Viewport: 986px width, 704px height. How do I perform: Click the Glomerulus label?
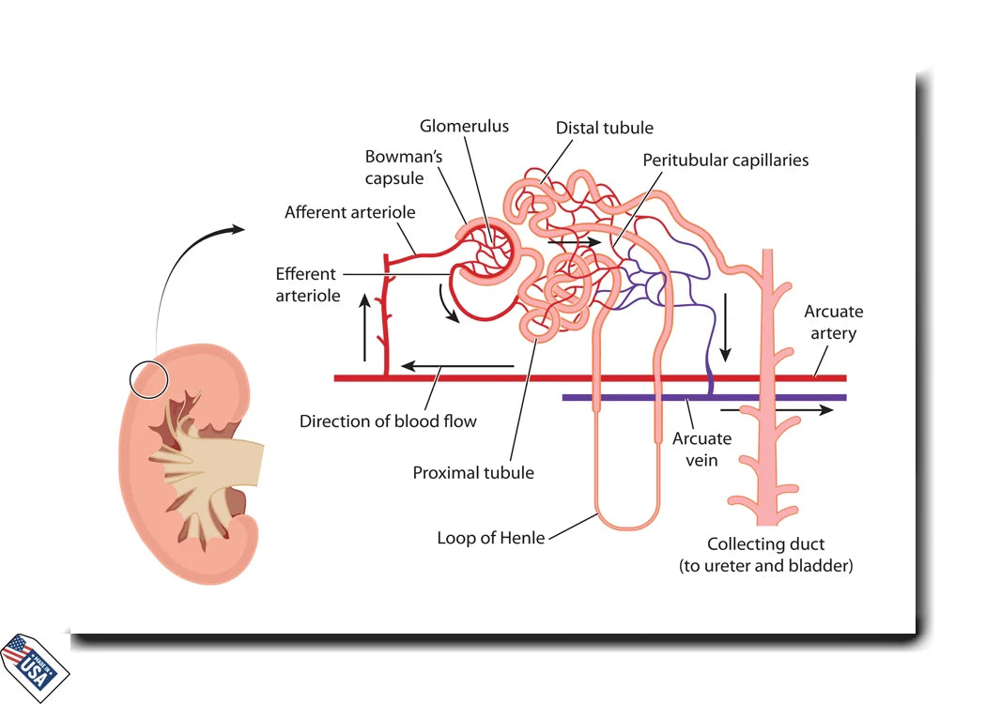463,126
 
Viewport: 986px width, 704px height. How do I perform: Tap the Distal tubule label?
604,128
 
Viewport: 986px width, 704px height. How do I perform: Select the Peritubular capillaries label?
725,160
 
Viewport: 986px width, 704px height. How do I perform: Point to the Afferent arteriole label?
349,212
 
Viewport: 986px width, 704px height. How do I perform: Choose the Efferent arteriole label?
305,284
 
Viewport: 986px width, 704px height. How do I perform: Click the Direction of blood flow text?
388,421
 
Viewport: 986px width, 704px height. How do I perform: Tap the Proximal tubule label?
472,472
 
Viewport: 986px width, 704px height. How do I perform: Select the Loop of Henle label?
490,538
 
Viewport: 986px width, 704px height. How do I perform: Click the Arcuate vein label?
701,449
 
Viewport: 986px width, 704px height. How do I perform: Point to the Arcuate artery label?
833,322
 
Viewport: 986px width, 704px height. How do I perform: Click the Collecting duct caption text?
765,555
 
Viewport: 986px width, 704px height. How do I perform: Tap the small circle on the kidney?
149,380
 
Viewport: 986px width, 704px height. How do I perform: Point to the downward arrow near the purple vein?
725,328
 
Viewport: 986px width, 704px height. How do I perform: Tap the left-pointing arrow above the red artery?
456,366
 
